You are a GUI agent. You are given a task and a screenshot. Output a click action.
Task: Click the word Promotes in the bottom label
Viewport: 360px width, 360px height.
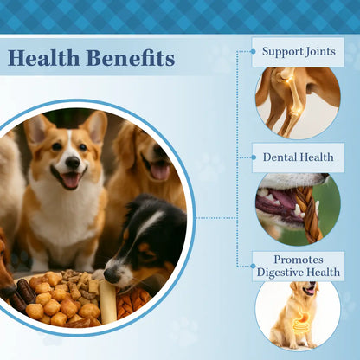[298, 259]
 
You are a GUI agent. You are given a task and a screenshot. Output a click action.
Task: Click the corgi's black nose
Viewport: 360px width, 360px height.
[73, 162]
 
